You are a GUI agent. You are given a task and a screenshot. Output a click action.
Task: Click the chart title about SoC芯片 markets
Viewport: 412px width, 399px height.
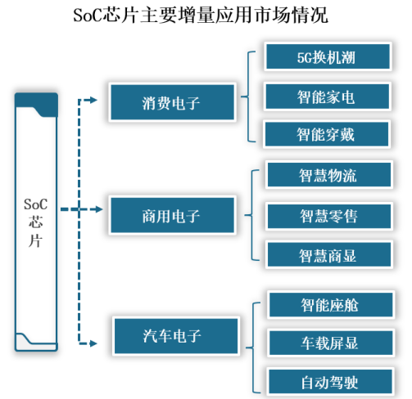click(201, 16)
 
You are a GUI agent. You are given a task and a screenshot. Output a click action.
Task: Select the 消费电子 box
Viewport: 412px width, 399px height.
click(172, 102)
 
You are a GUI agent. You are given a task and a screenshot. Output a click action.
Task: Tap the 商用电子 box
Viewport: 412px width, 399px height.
click(172, 215)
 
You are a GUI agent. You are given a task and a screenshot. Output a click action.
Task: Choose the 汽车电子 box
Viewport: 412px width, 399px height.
click(176, 336)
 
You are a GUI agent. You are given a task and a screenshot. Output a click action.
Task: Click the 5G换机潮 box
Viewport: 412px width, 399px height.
click(328, 56)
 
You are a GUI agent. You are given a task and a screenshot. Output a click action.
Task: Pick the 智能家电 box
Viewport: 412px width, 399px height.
click(327, 96)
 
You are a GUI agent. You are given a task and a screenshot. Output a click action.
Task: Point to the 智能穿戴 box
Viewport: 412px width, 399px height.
click(327, 134)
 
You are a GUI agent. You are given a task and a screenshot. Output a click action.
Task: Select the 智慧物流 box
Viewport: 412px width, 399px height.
click(329, 175)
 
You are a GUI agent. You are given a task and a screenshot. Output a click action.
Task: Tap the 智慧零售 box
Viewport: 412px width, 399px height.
click(329, 217)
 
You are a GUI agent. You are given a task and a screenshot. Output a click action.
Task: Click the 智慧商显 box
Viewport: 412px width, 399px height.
click(329, 254)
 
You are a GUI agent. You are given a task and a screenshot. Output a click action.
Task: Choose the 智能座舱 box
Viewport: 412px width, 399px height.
click(331, 305)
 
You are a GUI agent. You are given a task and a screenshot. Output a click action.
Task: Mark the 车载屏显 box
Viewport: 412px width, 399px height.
click(331, 343)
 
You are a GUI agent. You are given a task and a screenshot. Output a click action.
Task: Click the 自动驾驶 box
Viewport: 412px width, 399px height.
click(330, 382)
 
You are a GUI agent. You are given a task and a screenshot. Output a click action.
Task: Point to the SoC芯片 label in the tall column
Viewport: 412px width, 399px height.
click(35, 222)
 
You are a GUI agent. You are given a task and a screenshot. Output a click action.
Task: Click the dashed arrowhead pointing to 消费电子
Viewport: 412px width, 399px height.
click(93, 101)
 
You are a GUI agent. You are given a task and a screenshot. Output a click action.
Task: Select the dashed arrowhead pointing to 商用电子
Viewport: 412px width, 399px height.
click(98, 209)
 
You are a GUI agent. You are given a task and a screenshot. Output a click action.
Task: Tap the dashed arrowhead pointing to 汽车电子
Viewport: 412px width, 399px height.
click(93, 343)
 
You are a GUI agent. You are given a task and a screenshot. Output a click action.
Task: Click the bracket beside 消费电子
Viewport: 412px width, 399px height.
click(248, 96)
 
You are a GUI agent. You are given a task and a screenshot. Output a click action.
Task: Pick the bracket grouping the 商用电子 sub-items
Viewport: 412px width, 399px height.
click(251, 215)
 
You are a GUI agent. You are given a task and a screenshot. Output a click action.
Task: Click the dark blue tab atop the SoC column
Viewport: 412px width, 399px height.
click(36, 104)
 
